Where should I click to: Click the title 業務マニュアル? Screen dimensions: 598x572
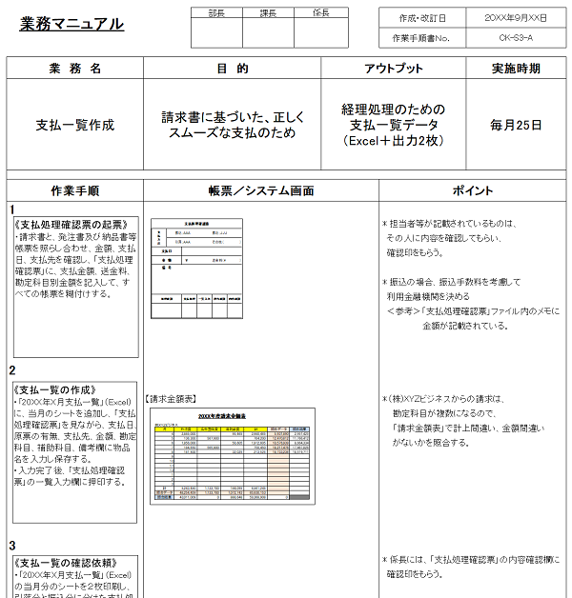(x=71, y=24)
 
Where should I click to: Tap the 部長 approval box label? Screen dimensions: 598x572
(x=216, y=13)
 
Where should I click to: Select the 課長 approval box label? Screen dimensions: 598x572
(x=268, y=13)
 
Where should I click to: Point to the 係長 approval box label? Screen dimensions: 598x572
(x=321, y=13)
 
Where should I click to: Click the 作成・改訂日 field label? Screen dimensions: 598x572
(x=420, y=18)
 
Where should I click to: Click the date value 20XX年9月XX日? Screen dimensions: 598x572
(x=515, y=18)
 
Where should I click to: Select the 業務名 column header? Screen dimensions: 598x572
(x=75, y=69)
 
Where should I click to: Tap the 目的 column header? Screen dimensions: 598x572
(x=233, y=69)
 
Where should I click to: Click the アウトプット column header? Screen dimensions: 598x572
(x=394, y=69)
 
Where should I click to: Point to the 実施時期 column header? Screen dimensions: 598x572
(x=516, y=69)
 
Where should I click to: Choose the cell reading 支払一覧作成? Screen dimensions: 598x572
(x=75, y=125)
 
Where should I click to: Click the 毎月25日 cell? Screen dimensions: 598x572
(x=516, y=125)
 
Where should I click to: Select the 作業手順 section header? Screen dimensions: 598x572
(x=75, y=190)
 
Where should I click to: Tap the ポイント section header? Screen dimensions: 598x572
(x=473, y=190)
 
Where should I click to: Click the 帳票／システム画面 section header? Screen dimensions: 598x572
(x=261, y=190)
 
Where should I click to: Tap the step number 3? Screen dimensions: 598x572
(x=12, y=546)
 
